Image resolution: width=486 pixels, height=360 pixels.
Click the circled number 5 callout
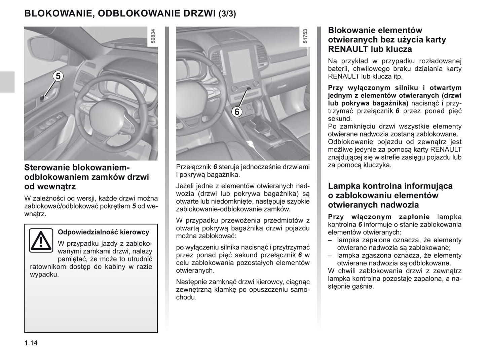(58, 76)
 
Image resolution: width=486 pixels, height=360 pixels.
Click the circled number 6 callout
(237, 111)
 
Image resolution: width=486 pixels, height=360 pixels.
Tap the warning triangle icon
(41, 240)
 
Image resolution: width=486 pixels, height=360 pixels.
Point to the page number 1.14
(31, 343)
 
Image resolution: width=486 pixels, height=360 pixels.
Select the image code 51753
(305, 36)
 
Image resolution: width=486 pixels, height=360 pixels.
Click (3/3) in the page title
(227, 14)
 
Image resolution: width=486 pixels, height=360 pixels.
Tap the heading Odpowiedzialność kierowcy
(104, 232)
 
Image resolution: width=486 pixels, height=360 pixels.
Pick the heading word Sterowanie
(47, 168)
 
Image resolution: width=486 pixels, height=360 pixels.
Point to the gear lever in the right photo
(261, 126)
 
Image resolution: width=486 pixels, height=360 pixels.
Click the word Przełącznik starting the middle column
(193, 167)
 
